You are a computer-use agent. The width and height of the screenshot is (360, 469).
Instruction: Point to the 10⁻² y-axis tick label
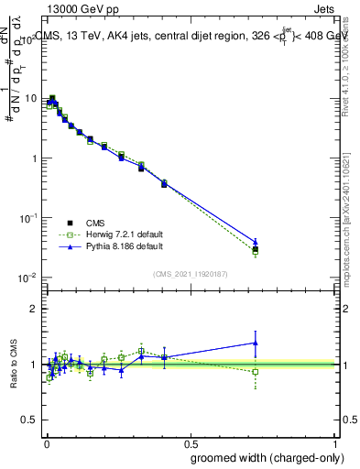click(x=29, y=278)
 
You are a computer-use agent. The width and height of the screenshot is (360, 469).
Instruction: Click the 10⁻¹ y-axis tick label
click(x=29, y=218)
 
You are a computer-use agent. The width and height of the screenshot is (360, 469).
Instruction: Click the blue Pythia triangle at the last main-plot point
click(x=256, y=242)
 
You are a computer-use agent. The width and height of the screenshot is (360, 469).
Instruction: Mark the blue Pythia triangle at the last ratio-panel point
click(x=256, y=343)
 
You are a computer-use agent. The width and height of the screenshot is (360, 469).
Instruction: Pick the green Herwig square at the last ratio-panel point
click(x=256, y=372)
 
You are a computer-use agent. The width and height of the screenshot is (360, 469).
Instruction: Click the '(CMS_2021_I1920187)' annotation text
click(x=190, y=273)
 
